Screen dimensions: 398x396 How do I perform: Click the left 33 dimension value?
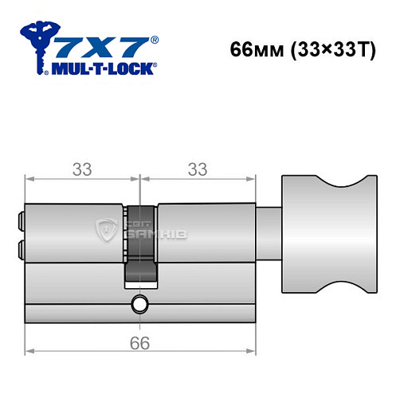point(82,170)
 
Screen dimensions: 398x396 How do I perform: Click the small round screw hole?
point(140,302)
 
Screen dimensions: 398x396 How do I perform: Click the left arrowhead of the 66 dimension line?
point(29,351)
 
